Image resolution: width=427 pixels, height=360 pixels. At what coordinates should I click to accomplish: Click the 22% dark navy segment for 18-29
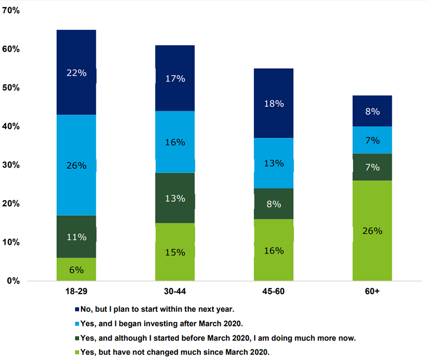[x=76, y=73]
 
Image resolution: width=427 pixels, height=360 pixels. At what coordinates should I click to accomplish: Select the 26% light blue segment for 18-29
[x=76, y=165]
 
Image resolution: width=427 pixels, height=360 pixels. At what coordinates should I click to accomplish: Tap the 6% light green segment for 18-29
[x=76, y=269]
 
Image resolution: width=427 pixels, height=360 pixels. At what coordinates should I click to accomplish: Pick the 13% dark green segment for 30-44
[x=175, y=198]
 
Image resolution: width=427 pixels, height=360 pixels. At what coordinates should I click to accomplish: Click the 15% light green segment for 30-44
[x=175, y=252]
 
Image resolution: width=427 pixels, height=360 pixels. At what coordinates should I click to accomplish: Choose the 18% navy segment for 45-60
[x=274, y=103]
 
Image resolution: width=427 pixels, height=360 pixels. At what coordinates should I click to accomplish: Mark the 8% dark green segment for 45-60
[x=274, y=204]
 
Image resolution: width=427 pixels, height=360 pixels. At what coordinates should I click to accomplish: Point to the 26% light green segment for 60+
[x=372, y=231]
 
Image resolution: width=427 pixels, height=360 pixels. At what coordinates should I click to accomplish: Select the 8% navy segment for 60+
[x=372, y=111]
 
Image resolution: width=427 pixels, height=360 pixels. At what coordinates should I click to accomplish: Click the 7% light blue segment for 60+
[x=372, y=140]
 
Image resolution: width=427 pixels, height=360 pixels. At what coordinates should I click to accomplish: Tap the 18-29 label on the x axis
[x=76, y=291]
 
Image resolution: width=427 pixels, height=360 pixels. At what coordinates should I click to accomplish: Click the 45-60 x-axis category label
[x=274, y=291]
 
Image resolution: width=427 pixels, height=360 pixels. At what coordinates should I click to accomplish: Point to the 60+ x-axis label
[x=372, y=291]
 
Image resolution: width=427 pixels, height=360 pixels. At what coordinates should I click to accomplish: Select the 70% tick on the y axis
[x=11, y=10]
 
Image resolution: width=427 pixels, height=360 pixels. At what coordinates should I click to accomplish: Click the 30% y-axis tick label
[x=11, y=165]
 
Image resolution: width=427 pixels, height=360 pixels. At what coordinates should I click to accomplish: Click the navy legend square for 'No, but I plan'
[x=77, y=309]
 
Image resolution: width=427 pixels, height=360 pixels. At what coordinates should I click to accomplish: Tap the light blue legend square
[x=77, y=323]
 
